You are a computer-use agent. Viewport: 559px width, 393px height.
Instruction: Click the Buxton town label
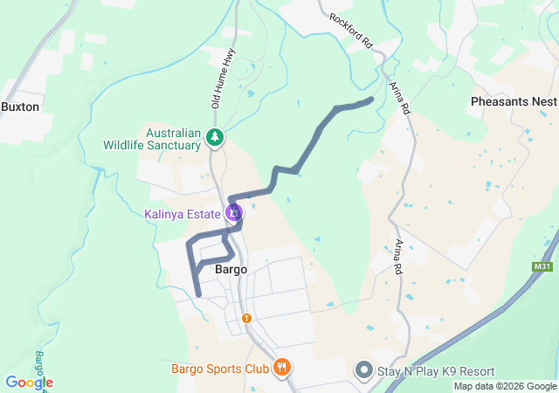(19, 107)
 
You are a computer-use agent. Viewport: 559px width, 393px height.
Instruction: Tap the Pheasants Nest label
(512, 102)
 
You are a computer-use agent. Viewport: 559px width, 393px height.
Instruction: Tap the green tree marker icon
(215, 138)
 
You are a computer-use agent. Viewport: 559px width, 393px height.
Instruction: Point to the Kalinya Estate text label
(183, 213)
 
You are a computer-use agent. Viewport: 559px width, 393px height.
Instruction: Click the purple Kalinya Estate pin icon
(233, 212)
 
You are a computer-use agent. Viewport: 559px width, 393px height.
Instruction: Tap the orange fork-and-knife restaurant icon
(281, 368)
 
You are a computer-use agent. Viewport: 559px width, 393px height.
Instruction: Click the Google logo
(29, 383)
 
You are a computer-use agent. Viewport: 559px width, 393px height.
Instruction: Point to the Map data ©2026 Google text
(505, 386)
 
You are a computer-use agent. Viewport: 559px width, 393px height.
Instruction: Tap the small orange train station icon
(246, 318)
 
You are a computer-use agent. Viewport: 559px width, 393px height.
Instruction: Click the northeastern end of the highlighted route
(371, 100)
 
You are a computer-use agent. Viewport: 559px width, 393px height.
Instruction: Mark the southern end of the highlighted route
(199, 295)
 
